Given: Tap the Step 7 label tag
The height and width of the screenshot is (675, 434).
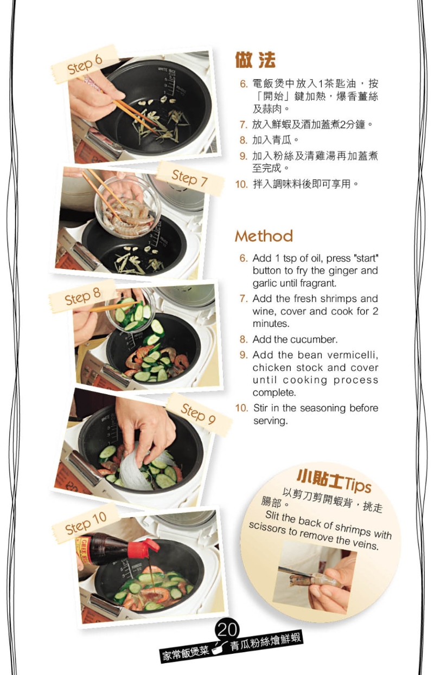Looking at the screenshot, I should click(x=190, y=178).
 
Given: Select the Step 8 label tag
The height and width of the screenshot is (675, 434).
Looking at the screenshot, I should click(x=83, y=296).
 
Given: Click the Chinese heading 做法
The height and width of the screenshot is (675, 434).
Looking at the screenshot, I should click(x=255, y=60).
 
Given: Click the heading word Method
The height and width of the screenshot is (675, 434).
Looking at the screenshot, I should click(x=264, y=236).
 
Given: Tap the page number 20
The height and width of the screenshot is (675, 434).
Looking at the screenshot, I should click(x=228, y=629).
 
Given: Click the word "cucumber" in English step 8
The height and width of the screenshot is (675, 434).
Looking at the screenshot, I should click(x=314, y=340).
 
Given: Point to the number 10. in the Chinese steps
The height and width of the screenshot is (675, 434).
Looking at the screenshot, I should click(x=241, y=184).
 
